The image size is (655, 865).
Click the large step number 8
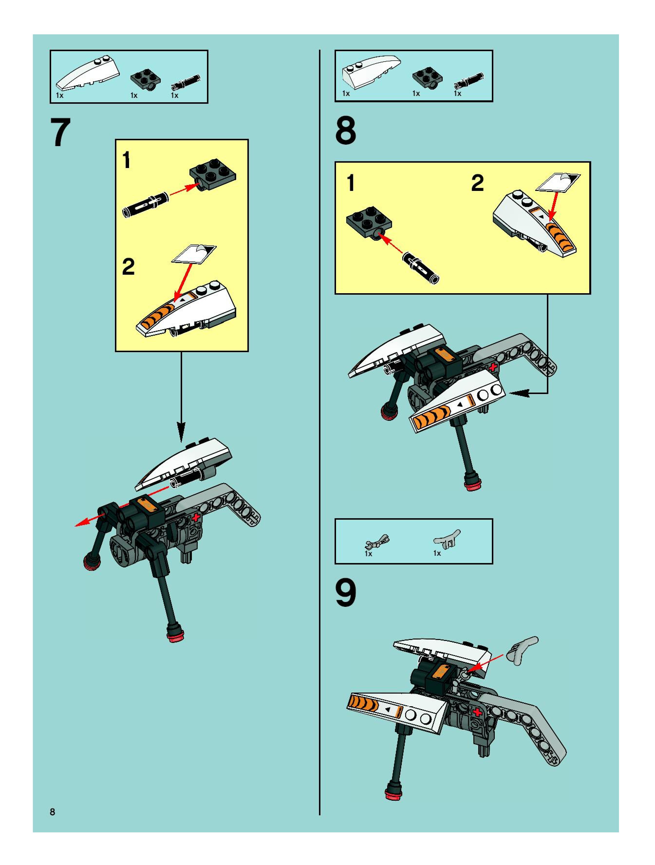click(x=346, y=131)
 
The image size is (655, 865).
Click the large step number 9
click(x=346, y=593)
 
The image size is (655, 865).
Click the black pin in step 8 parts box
click(x=468, y=81)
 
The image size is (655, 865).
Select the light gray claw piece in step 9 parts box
click(x=447, y=539)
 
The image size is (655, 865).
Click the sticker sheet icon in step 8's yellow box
click(x=558, y=182)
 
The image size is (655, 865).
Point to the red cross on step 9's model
click(x=478, y=712)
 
